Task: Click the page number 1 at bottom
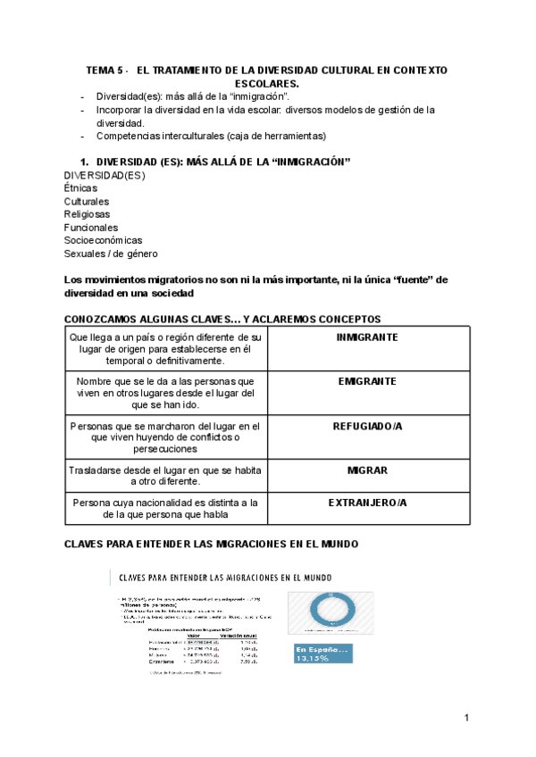466,718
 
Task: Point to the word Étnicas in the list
80,188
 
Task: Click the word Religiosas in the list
87,214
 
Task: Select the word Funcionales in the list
90,228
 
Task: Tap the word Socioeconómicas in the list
103,240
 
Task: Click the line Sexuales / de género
111,254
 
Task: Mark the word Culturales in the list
86,202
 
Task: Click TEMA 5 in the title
104,70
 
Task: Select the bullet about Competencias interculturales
211,136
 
